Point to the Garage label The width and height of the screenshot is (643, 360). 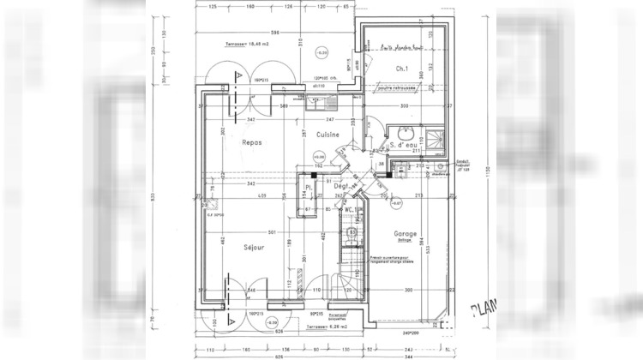[x=405, y=233]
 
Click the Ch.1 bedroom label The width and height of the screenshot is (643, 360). [x=400, y=69]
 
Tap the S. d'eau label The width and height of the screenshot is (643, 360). [x=403, y=146]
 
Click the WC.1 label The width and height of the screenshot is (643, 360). [x=351, y=208]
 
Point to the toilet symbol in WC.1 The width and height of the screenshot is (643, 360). [x=352, y=231]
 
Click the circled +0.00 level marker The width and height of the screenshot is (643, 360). [x=319, y=158]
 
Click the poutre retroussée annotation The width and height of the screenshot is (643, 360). [x=397, y=87]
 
